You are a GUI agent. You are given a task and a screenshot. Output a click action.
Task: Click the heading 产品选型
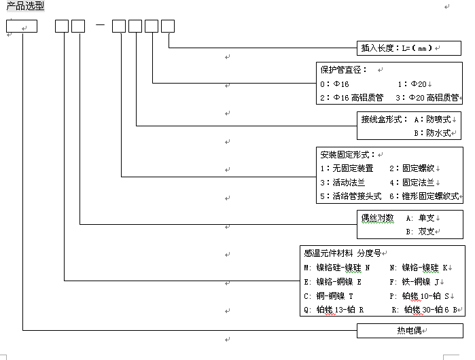pyautogui.click(x=25, y=6)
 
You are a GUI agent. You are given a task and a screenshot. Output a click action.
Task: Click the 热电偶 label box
pyautogui.click(x=410, y=331)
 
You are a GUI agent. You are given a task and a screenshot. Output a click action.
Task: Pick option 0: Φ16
pyautogui.click(x=335, y=84)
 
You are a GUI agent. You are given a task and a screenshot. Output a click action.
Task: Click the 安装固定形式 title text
pyautogui.click(x=347, y=155)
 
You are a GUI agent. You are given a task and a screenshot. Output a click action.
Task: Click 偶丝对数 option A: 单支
pyautogui.click(x=421, y=218)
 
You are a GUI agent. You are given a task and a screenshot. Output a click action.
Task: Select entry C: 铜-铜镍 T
pyautogui.click(x=330, y=296)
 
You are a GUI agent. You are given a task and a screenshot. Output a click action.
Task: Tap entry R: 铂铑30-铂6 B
pyautogui.click(x=429, y=310)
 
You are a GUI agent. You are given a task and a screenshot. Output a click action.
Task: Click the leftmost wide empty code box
pyautogui.click(x=22, y=26)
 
